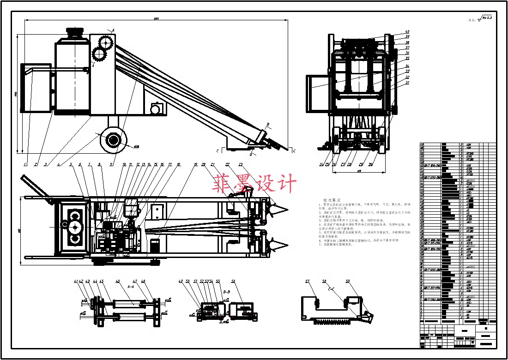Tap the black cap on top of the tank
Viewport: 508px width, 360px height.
pyautogui.click(x=74, y=33)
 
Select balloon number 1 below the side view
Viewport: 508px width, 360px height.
pyautogui.click(x=25, y=164)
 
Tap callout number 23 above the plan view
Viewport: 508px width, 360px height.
pyautogui.click(x=241, y=164)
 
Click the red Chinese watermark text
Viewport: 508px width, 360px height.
pyautogui.click(x=254, y=184)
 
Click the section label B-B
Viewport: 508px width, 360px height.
pyautogui.click(x=227, y=292)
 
